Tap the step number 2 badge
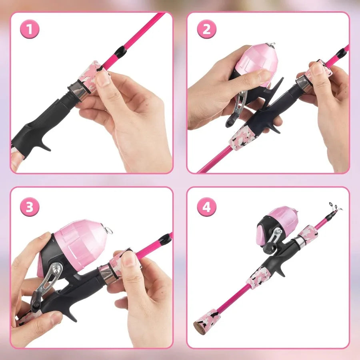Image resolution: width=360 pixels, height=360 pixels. [207, 30]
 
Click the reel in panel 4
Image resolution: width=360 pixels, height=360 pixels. [276, 228]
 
